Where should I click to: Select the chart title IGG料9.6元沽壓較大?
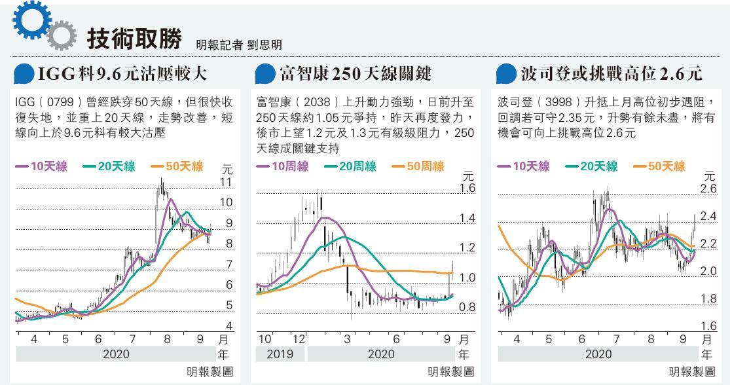pyautogui.click(x=122, y=74)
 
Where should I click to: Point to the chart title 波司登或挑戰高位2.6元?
pyautogui.click(x=611, y=74)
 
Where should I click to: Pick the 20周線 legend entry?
pyautogui.click(x=350, y=166)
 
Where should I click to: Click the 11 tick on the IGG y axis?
pyautogui.click(x=227, y=181)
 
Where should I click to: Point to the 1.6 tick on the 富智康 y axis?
pyautogui.click(x=467, y=189)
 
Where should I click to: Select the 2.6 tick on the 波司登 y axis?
pyautogui.click(x=708, y=189)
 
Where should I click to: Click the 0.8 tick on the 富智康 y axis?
pyautogui.click(x=467, y=307)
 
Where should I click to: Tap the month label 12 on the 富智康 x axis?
pyautogui.click(x=299, y=339)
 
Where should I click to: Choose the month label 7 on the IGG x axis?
pyautogui.click(x=133, y=339)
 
